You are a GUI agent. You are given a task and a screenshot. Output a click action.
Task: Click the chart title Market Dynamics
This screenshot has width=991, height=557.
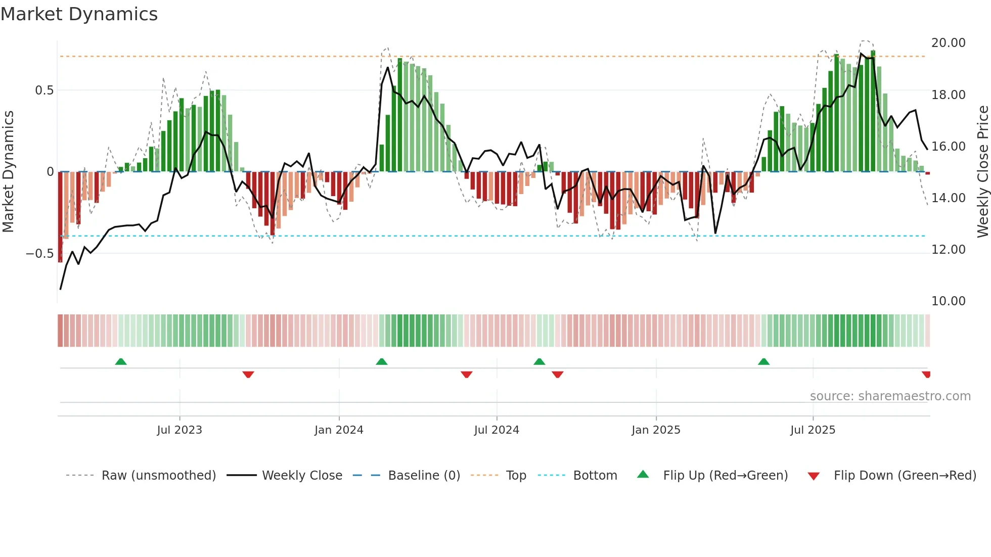(x=79, y=14)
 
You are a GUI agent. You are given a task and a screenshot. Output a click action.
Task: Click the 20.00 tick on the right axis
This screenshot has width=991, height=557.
(x=948, y=43)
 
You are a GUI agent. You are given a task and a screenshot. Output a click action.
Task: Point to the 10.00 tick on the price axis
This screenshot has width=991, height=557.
(x=948, y=301)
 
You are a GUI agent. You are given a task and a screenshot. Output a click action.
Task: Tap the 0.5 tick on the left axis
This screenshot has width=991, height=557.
(x=44, y=90)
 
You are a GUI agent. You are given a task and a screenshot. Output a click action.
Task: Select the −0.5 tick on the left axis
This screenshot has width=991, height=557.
(x=40, y=254)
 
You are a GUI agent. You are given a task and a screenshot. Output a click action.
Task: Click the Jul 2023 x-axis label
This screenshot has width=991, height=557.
(x=179, y=430)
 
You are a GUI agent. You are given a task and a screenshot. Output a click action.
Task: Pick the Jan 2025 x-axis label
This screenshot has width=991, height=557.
(x=656, y=430)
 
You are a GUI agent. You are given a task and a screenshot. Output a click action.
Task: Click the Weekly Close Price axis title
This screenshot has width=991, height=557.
(x=982, y=172)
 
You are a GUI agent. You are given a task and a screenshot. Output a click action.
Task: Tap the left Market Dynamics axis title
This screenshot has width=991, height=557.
(x=8, y=172)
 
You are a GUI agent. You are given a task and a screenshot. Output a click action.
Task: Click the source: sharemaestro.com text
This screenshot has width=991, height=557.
(x=890, y=396)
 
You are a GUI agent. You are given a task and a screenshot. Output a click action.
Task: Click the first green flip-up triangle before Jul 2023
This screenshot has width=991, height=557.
(x=121, y=362)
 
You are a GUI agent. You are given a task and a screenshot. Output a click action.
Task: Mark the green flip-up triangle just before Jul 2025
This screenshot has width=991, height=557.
(x=763, y=362)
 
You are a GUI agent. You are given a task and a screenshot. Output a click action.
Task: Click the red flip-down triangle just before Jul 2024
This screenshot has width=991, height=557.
(x=466, y=375)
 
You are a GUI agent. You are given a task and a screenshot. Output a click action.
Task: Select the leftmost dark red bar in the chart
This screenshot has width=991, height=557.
(x=60, y=217)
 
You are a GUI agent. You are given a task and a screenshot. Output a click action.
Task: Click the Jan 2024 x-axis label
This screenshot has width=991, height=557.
(x=339, y=430)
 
